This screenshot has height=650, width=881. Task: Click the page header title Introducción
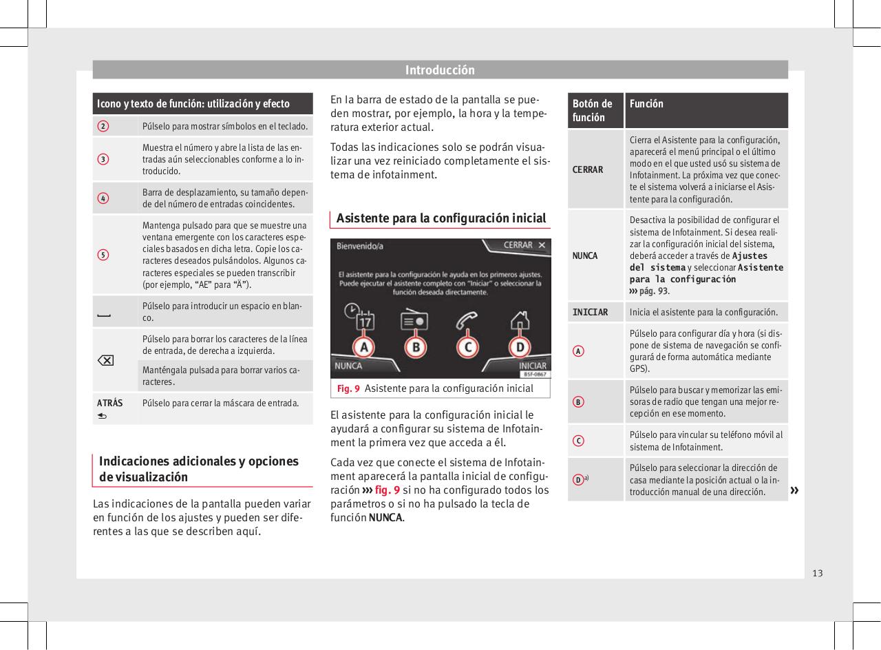point(440,70)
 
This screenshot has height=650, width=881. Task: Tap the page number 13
point(817,573)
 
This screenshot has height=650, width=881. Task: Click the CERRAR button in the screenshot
point(524,245)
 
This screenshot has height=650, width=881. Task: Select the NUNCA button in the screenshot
point(349,366)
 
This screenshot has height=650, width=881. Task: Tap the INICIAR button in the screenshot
point(532,366)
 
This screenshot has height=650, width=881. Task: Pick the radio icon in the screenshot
point(414,319)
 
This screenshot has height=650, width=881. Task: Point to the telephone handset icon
point(468,321)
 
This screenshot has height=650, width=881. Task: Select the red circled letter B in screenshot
point(415,347)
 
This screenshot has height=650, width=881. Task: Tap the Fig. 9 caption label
point(348,389)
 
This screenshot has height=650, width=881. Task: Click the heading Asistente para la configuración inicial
point(441,218)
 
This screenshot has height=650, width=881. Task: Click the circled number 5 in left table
point(102,255)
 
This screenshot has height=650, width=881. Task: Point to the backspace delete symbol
point(107,361)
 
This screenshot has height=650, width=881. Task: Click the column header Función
point(646,103)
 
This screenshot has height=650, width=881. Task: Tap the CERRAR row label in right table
point(588,169)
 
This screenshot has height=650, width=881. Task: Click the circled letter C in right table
point(580,441)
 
